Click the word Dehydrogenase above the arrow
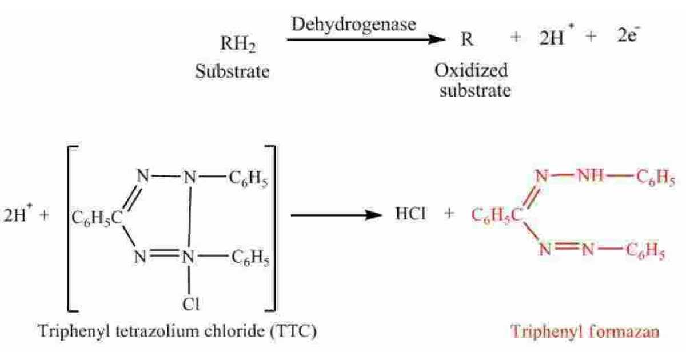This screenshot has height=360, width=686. pyautogui.click(x=354, y=25)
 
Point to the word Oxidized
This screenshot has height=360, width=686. pyautogui.click(x=471, y=71)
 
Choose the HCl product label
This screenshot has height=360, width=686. pyautogui.click(x=410, y=215)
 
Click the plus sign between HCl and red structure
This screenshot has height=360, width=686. pyautogui.click(x=449, y=215)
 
